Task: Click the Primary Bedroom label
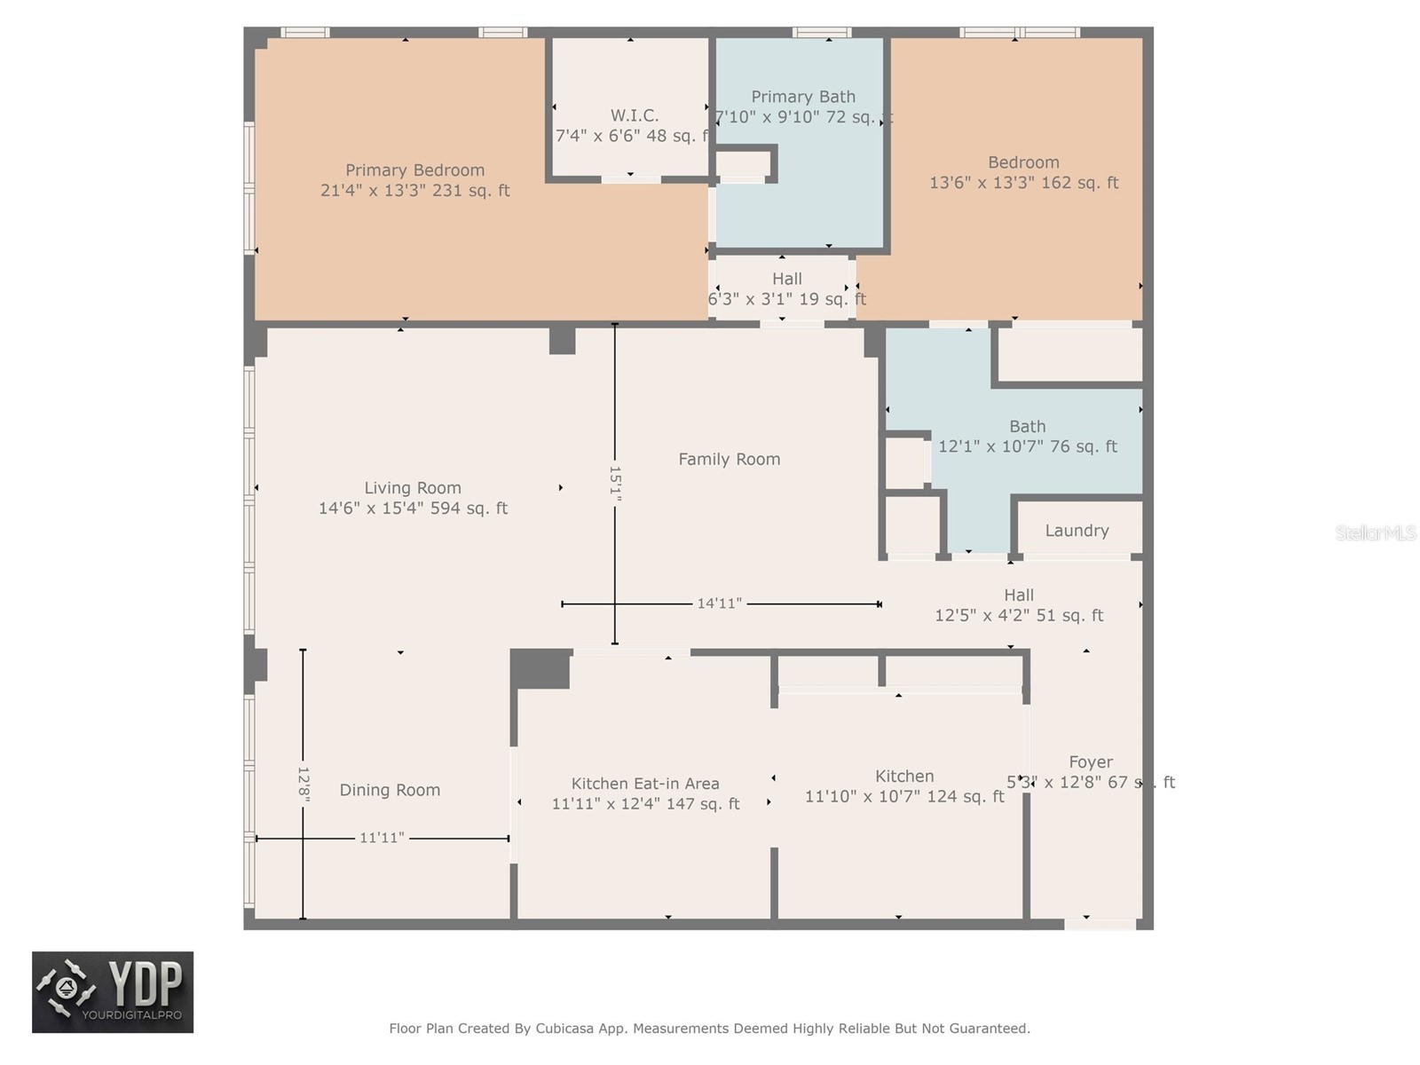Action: pyautogui.click(x=414, y=170)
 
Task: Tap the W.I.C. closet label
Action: pyautogui.click(x=634, y=115)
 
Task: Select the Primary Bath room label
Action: pyautogui.click(x=803, y=97)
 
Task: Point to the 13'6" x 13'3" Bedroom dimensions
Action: pyautogui.click(x=1023, y=183)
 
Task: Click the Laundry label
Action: pyautogui.click(x=1077, y=531)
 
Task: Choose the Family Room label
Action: pyautogui.click(x=729, y=459)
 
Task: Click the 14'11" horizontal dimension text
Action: pyautogui.click(x=719, y=603)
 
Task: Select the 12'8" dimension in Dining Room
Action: pyautogui.click(x=303, y=785)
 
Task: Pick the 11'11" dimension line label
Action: pyautogui.click(x=382, y=838)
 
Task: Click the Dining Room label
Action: pyautogui.click(x=390, y=790)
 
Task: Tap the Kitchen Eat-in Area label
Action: pyautogui.click(x=645, y=784)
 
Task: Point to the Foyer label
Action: pyautogui.click(x=1091, y=762)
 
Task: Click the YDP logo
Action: pyautogui.click(x=113, y=992)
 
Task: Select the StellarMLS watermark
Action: pyautogui.click(x=1376, y=533)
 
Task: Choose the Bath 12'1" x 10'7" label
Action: pyautogui.click(x=1027, y=446)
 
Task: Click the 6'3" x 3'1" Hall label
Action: pyautogui.click(x=786, y=299)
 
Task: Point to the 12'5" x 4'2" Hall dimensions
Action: pyautogui.click(x=1019, y=615)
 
